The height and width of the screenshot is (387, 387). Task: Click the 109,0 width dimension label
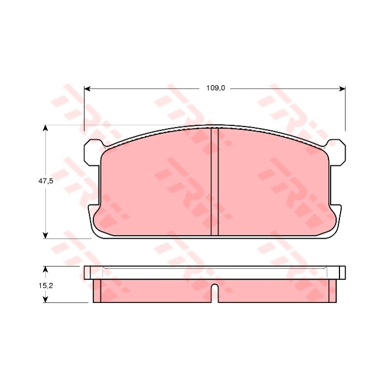point(216,88)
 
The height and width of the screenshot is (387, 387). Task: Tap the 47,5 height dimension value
point(46,181)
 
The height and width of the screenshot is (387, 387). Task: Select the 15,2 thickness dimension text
point(46,286)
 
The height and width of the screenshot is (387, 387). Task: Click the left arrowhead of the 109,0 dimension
point(87,88)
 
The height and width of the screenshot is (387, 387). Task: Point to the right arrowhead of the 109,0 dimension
point(342,88)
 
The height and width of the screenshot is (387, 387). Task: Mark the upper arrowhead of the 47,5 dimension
point(45,128)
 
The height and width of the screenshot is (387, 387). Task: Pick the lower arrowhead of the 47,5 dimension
point(45,235)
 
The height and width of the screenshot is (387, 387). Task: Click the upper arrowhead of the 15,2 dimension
point(45,269)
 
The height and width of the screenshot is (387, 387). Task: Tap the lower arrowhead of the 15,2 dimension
point(45,300)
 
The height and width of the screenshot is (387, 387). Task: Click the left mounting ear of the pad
point(92,152)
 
